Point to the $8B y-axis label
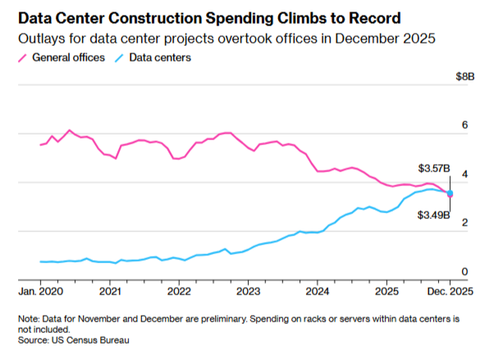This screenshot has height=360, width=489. click(465, 76)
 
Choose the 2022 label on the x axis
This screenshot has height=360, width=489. click(179, 291)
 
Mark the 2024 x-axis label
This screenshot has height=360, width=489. click(318, 291)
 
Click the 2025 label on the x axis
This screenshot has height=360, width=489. click(387, 291)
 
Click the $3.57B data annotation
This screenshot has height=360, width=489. click(434, 168)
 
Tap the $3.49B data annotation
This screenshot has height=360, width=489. click(434, 215)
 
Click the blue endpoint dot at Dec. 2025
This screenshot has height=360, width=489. click(450, 193)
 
